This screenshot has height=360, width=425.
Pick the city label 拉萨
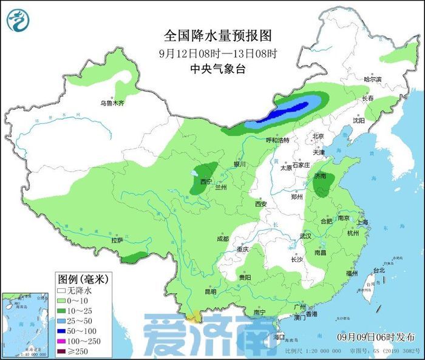[117, 240]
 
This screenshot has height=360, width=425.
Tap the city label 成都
[221, 239]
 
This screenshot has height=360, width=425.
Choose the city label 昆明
[211, 292]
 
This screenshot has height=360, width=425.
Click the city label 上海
[363, 222]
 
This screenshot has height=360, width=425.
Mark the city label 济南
[321, 176]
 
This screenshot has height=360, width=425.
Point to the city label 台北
[378, 270]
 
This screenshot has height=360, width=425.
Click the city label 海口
[279, 336]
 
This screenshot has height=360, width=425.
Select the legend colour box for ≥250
[61, 351]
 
